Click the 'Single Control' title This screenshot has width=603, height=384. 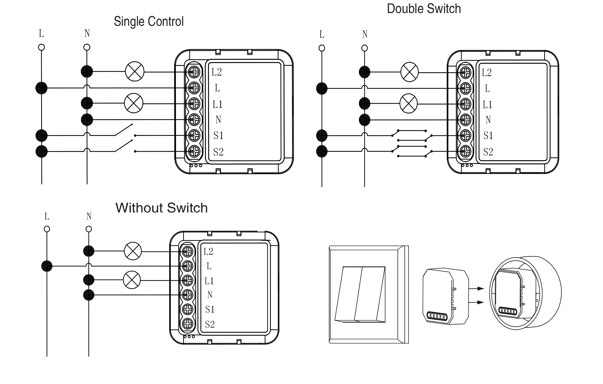coord(149,21)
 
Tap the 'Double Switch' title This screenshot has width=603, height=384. coord(424,9)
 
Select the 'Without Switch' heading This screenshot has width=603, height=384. coord(162,208)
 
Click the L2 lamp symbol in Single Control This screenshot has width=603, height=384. coord(135,71)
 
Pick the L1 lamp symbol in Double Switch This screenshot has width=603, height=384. coord(409,103)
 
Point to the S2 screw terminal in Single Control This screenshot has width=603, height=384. coord(194,151)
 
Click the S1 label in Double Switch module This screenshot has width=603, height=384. coord(488,136)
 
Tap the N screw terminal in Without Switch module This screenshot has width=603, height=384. coord(188,295)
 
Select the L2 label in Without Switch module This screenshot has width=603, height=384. coord(208,251)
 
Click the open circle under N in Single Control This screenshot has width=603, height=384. coord(87,47)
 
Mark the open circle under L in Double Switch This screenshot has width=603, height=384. coord(322,48)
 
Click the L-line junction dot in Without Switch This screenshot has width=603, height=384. coord(47,266)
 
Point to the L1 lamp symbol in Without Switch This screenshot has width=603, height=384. coord(132,280)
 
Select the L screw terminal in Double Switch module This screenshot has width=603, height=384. coord(465,88)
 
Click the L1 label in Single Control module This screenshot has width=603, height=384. coord(218,104)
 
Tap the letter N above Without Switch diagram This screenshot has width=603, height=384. coord(89,216)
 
